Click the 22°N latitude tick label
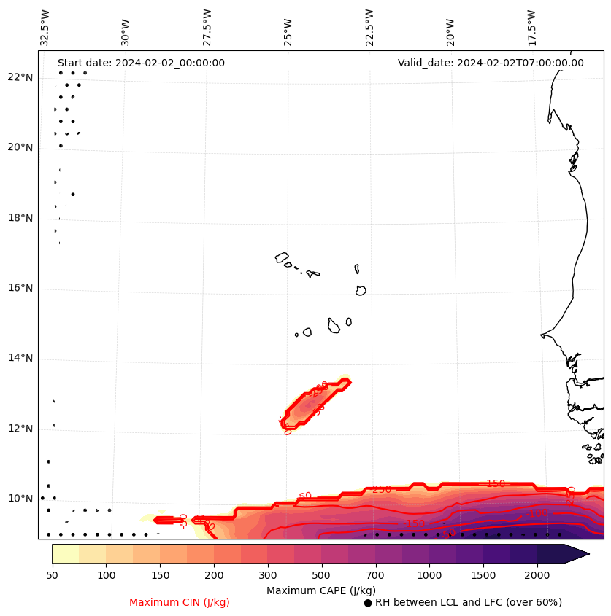(20, 77)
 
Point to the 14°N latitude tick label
(20, 358)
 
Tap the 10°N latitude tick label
(20, 499)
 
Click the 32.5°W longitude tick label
(45, 27)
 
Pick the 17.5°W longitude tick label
(531, 27)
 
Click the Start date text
(141, 63)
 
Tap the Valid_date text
(491, 63)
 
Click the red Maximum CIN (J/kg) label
(180, 602)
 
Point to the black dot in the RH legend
(368, 603)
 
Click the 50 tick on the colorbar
(52, 576)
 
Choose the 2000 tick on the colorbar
(537, 576)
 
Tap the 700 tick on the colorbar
(375, 576)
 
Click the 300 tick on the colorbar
(267, 576)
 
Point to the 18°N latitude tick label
(20, 218)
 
